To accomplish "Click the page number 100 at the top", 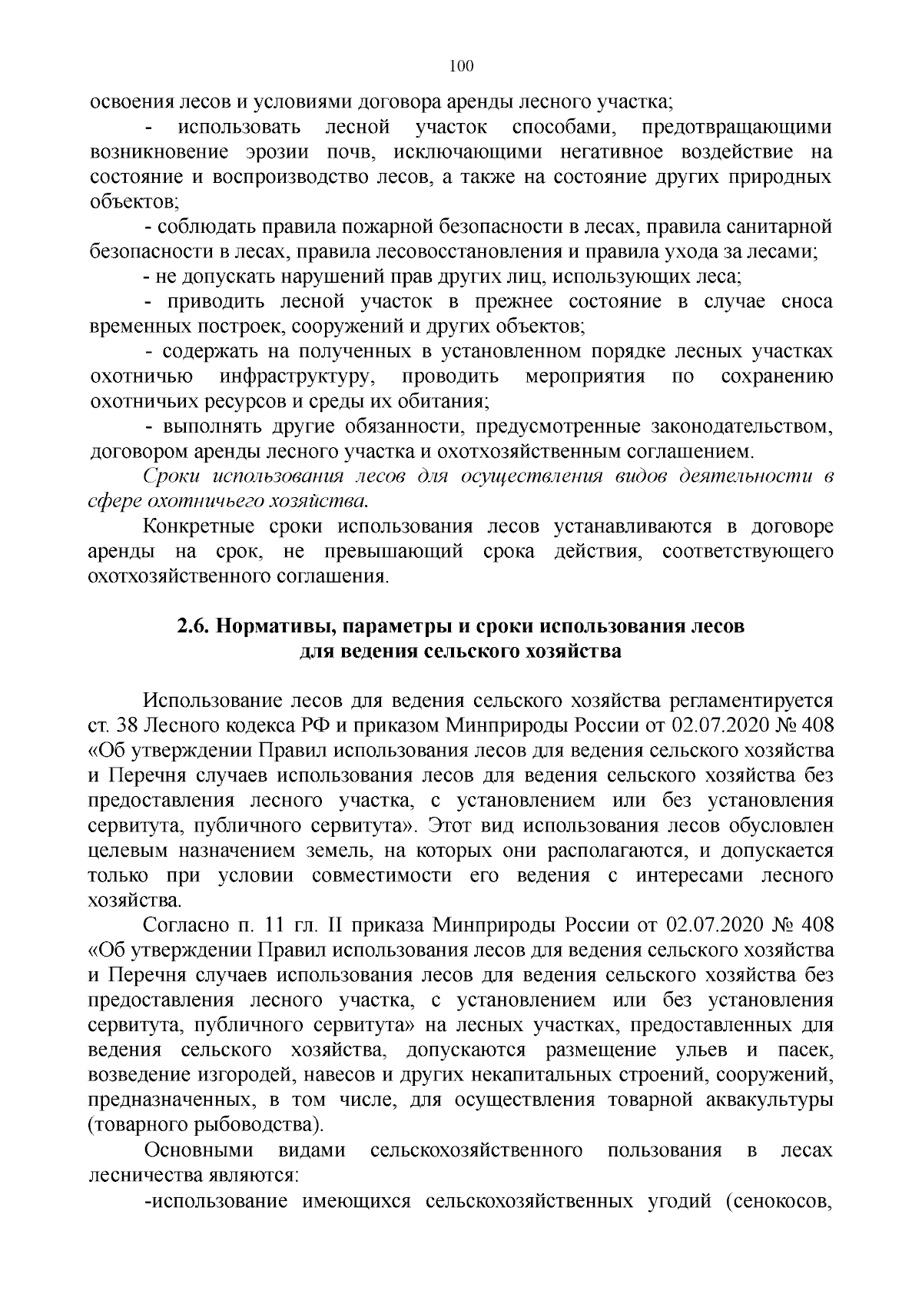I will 461,66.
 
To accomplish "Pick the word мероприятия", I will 585,377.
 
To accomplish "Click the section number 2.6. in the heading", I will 193,625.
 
